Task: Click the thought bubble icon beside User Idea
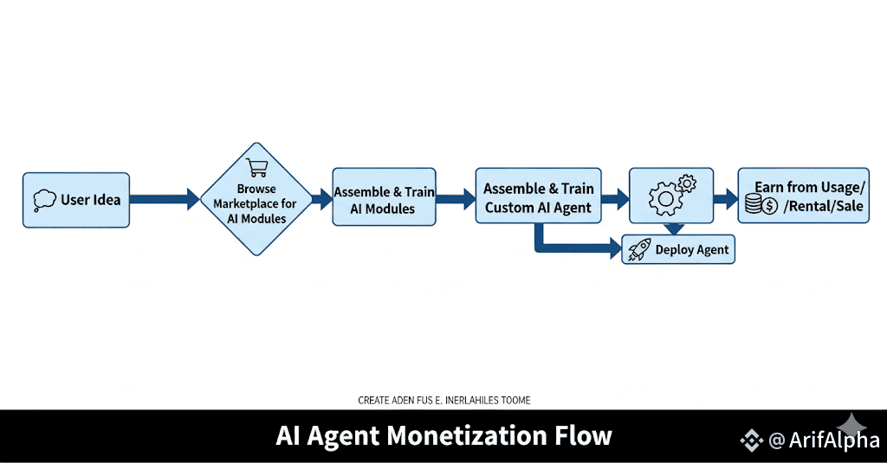[x=44, y=201]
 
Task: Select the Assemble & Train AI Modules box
[x=385, y=200]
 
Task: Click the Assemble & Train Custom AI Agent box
[x=538, y=197]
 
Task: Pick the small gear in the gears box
[x=685, y=183]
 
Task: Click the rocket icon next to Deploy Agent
[x=638, y=250]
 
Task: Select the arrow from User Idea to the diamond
[x=165, y=200]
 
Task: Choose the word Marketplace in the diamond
[x=256, y=203]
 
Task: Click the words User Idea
[x=90, y=200]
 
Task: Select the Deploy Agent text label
[x=691, y=250]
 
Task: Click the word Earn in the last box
[x=768, y=187]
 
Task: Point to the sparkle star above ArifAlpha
[x=852, y=424]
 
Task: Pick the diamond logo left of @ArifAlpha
[x=751, y=440]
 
